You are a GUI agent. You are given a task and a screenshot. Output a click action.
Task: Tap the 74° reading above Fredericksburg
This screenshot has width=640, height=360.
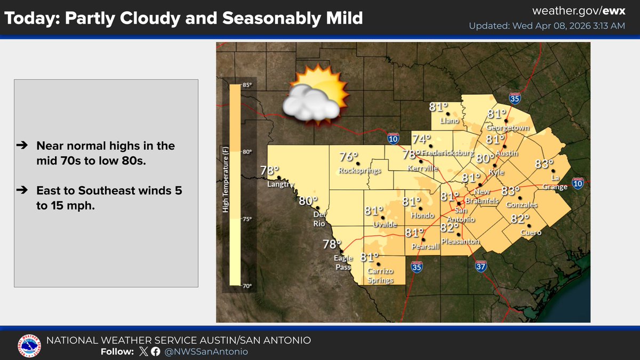pyautogui.click(x=421, y=139)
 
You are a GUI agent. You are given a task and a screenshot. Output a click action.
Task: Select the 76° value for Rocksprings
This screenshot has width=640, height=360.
pyautogui.click(x=349, y=157)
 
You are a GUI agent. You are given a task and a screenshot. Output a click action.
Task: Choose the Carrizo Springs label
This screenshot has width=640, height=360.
pyautogui.click(x=380, y=276)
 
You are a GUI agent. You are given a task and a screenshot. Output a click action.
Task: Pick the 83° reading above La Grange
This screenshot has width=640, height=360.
pyautogui.click(x=545, y=163)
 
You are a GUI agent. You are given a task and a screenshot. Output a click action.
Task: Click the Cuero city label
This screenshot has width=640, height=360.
pyautogui.click(x=531, y=233)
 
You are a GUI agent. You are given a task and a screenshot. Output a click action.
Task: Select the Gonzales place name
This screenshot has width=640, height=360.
pyautogui.click(x=522, y=205)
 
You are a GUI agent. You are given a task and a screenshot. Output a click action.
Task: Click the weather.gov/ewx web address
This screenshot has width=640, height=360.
pyautogui.click(x=579, y=11)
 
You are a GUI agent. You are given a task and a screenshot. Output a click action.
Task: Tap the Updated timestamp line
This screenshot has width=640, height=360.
pyautogui.click(x=547, y=26)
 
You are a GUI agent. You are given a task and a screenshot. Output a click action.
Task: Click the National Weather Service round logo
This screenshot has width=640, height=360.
pyautogui.click(x=29, y=345)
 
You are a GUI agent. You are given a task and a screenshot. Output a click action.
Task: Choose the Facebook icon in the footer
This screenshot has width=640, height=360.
pyautogui.click(x=155, y=351)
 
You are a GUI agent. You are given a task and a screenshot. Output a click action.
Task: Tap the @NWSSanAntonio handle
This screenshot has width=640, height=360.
pyautogui.click(x=206, y=351)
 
